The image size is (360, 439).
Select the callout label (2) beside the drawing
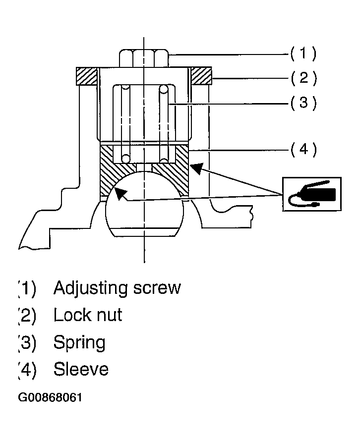click(x=303, y=78)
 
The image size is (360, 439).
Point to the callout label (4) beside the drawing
click(x=303, y=149)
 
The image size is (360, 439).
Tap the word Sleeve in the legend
click(x=81, y=370)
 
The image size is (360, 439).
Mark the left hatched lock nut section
click(x=86, y=76)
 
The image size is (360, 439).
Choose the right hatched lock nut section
click(x=201, y=76)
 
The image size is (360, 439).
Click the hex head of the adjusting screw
click(x=144, y=57)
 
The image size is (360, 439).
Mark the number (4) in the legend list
click(x=28, y=370)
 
